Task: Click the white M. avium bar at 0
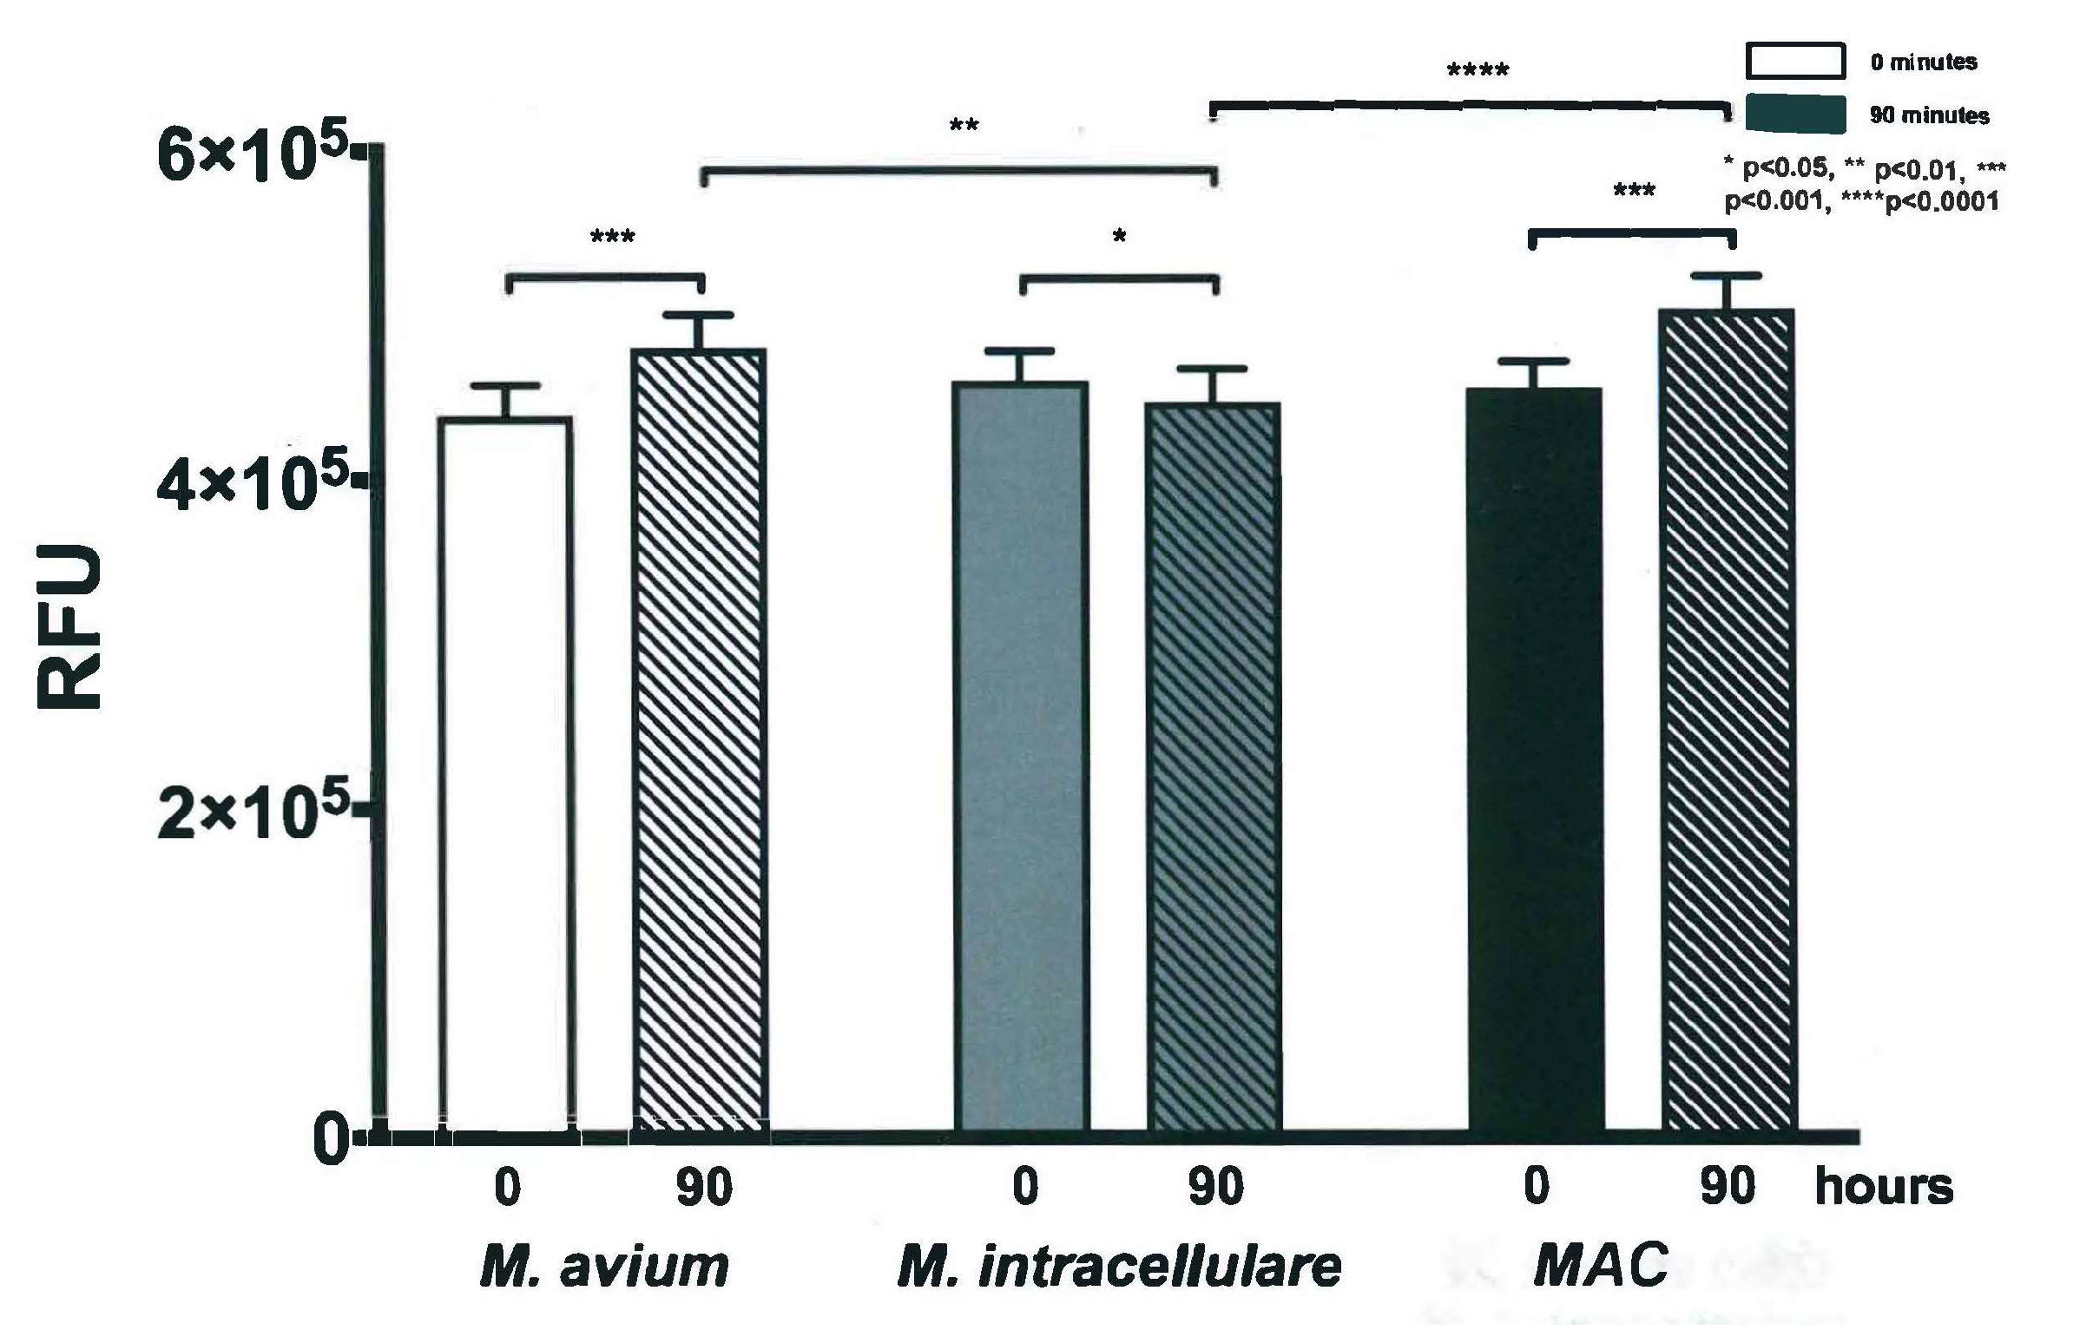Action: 505,773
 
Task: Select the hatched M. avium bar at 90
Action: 701,738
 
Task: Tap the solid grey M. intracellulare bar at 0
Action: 1021,756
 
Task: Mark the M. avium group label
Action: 605,1268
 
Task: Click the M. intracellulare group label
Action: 1119,1268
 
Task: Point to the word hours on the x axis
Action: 1884,1187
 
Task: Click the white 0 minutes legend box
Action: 1796,61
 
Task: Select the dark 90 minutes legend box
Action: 1796,114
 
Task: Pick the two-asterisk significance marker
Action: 963,127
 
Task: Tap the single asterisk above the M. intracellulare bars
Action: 1120,236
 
